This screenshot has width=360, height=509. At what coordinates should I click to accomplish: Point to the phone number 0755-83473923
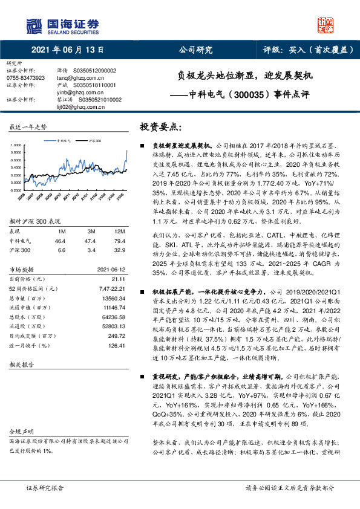[x=25, y=78]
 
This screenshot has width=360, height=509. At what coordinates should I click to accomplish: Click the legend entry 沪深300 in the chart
[x=95, y=140]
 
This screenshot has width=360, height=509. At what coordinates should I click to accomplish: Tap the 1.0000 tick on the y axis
[x=18, y=146]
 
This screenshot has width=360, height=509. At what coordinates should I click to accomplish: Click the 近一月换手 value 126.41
[x=108, y=346]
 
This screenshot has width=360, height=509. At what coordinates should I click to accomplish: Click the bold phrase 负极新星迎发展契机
[x=182, y=146]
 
